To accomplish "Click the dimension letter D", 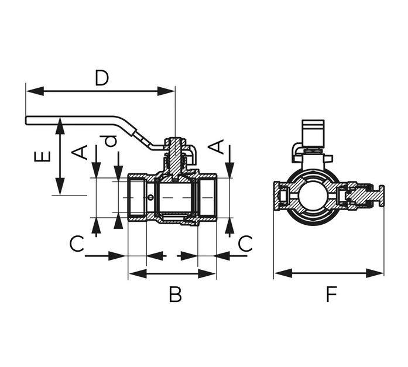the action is (x=101, y=78).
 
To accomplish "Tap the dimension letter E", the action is (x=42, y=157).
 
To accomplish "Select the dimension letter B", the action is (x=175, y=294).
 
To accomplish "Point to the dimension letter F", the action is (x=331, y=294).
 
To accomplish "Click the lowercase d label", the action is (x=110, y=141).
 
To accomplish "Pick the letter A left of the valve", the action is (x=80, y=153).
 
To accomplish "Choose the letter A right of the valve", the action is (x=217, y=147).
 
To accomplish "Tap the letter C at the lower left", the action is (x=77, y=243).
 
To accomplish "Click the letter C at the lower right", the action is (x=245, y=243).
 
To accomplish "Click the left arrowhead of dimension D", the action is (x=35, y=91).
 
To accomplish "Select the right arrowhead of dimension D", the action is (x=166, y=91).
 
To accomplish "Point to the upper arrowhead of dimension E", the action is (x=60, y=126).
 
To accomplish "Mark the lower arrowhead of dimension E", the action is (x=60, y=186).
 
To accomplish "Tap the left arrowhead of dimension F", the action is (x=283, y=273).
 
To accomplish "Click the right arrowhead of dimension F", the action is (x=375, y=273).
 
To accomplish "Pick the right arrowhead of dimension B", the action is (x=207, y=273).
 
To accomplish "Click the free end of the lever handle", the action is (x=26, y=121).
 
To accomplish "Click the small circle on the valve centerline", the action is (x=150, y=198).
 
